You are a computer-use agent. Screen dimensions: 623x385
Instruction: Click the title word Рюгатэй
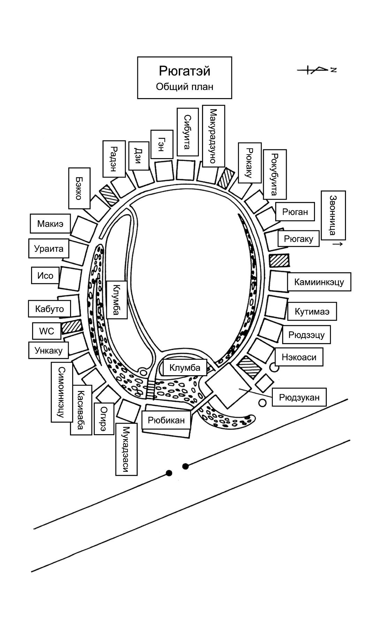(x=185, y=71)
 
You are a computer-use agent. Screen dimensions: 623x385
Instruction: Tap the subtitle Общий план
(x=185, y=87)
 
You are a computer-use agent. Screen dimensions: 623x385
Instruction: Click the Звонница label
(x=333, y=215)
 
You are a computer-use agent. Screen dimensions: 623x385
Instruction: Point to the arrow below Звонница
(x=337, y=244)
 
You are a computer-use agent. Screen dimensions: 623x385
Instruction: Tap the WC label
(x=47, y=331)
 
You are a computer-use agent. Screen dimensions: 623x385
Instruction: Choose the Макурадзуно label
(x=213, y=136)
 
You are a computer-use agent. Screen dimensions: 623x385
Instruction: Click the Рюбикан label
(x=166, y=420)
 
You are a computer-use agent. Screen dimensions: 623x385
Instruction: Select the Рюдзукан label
(x=299, y=397)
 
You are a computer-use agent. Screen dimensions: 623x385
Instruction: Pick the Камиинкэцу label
(x=319, y=282)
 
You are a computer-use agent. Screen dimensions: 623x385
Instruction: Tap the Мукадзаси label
(x=126, y=449)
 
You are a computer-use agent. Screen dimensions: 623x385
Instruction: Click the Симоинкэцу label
(x=62, y=392)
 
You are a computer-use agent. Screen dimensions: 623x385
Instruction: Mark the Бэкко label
(x=79, y=188)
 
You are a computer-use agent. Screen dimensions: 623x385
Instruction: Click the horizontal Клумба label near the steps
(x=185, y=368)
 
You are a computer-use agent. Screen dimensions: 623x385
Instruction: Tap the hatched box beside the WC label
(x=72, y=327)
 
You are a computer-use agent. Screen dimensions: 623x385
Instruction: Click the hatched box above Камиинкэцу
(x=279, y=260)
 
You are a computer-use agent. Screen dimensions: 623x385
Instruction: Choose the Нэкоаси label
(x=299, y=357)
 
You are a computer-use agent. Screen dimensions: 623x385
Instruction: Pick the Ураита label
(x=49, y=249)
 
